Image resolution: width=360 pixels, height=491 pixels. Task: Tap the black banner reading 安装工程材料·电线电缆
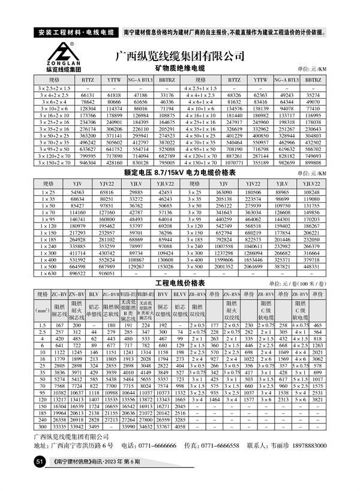tap(75, 31)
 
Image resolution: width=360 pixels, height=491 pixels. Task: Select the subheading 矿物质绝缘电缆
tap(180, 70)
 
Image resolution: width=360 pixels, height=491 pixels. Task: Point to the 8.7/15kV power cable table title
tap(180, 173)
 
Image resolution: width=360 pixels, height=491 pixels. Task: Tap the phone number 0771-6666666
tap(152, 446)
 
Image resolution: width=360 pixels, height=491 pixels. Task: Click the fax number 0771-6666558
tap(220, 446)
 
